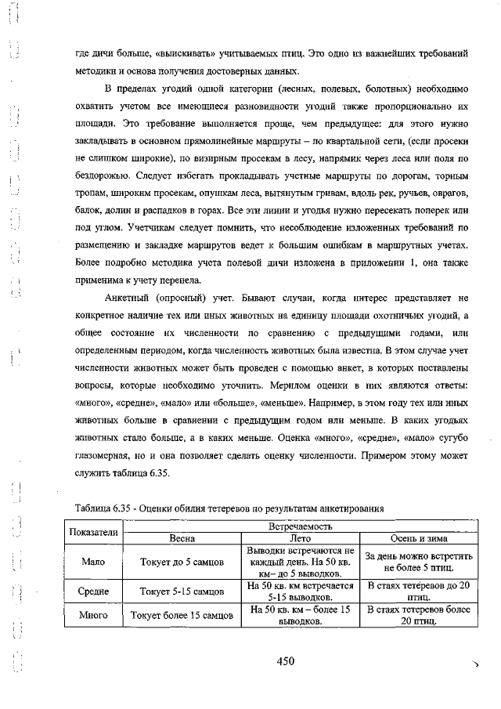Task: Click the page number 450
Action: pos(285,661)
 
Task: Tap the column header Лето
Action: pos(301,539)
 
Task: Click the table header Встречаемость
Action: pos(301,527)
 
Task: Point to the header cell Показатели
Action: pos(94,533)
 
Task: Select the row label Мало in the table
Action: pos(94,562)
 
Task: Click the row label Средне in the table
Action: pos(94,591)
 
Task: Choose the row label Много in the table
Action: pos(94,616)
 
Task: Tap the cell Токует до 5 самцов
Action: pos(182,562)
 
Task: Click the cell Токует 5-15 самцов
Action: pos(182,591)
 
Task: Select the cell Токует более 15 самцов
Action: pos(182,616)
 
